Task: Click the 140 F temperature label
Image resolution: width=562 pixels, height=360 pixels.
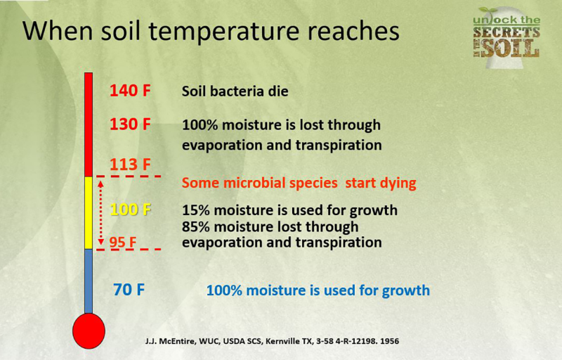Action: click(130, 91)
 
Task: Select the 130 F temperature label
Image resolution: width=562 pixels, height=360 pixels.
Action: click(130, 125)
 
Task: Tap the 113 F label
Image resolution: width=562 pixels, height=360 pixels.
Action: click(130, 165)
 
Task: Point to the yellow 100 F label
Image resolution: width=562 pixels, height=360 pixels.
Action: click(131, 210)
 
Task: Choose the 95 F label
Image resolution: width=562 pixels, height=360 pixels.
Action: click(123, 243)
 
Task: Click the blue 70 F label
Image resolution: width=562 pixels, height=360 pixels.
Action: click(129, 289)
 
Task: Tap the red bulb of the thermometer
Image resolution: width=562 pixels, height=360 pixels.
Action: click(89, 330)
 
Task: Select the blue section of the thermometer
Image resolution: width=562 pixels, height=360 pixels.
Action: click(89, 281)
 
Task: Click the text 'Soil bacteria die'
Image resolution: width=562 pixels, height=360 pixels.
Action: click(235, 91)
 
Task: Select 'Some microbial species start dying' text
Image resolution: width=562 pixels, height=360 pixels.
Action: click(299, 184)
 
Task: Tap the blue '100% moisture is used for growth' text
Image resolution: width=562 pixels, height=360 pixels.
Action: click(318, 290)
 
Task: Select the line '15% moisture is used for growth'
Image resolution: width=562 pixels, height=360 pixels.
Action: click(289, 210)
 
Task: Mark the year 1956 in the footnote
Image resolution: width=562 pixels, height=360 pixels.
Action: click(387, 341)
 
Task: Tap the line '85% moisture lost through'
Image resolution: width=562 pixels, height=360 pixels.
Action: click(270, 227)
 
